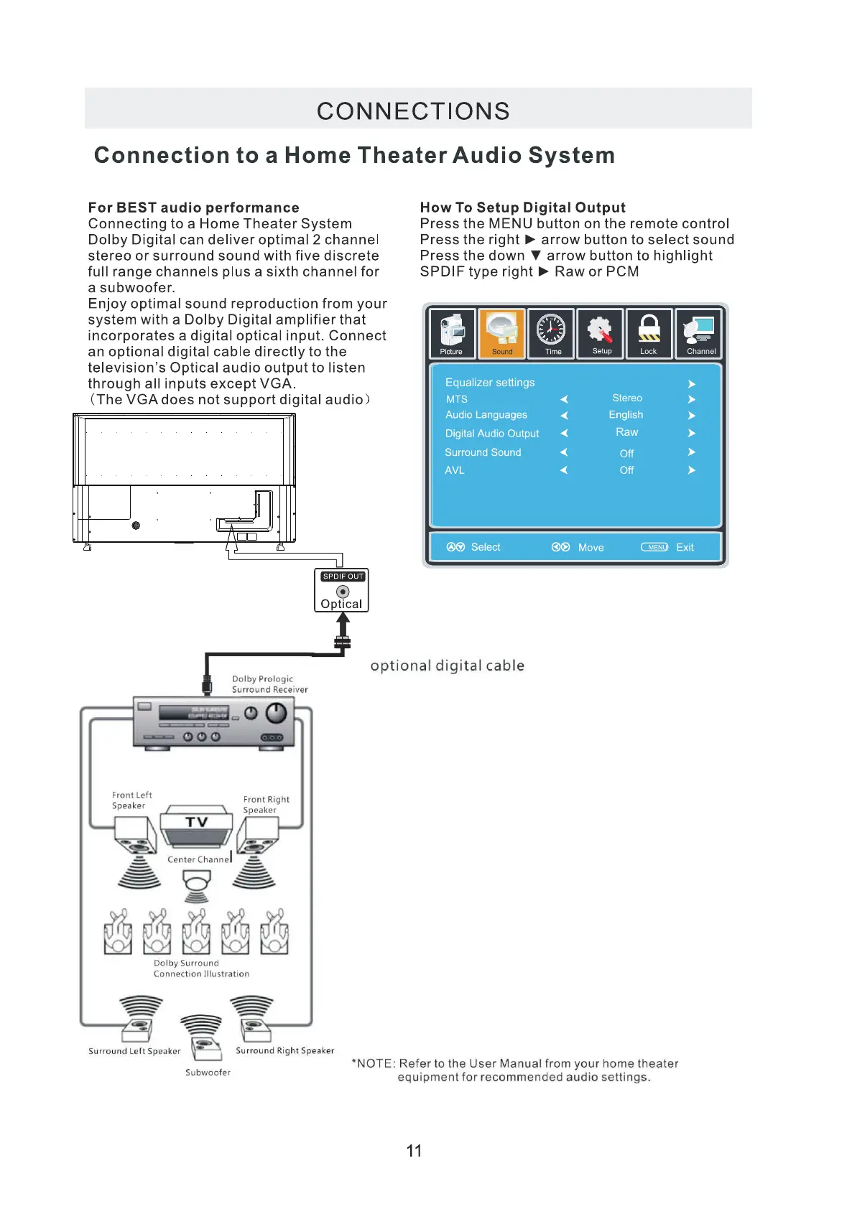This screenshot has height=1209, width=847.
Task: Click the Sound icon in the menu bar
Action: [502, 332]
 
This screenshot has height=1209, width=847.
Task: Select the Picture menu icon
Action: [452, 332]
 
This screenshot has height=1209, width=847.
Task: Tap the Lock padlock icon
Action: [649, 332]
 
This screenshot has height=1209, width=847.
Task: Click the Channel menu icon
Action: [699, 332]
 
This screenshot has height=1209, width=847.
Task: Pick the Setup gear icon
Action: [601, 332]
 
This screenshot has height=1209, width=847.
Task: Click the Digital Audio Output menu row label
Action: [491, 434]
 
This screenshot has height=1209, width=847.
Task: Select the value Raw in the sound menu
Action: [626, 432]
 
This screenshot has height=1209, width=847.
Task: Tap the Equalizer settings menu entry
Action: [490, 383]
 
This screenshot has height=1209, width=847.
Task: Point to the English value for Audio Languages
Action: [626, 415]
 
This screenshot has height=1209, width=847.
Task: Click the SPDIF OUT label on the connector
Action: [343, 577]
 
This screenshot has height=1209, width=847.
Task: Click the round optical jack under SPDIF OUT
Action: [343, 592]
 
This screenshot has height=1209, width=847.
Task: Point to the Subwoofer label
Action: [208, 1073]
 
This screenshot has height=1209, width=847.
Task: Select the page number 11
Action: [414, 1151]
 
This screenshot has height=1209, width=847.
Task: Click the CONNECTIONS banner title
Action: [413, 111]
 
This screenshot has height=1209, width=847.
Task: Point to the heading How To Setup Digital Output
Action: [522, 207]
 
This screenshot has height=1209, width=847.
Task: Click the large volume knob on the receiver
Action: [276, 713]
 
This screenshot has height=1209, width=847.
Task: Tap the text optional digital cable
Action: [447, 666]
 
